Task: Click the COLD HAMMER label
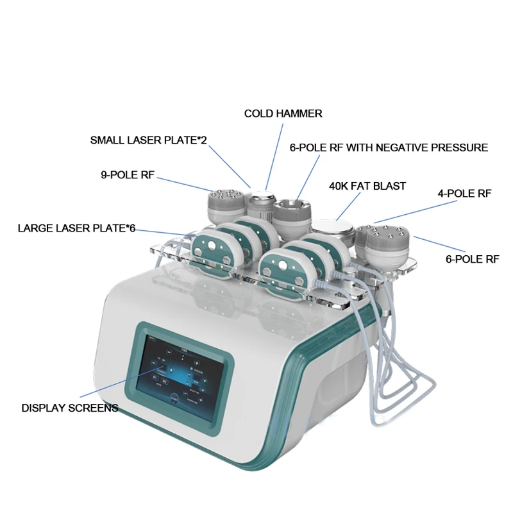(x=283, y=114)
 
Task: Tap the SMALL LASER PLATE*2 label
(x=148, y=140)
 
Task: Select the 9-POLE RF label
(x=128, y=173)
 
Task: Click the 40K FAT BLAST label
(x=367, y=186)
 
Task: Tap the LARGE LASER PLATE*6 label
(x=76, y=228)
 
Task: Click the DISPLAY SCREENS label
(x=69, y=407)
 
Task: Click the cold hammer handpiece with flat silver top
(x=260, y=204)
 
